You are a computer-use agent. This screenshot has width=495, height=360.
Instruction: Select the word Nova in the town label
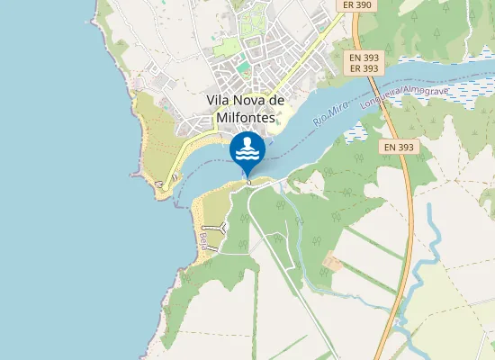click(x=253, y=99)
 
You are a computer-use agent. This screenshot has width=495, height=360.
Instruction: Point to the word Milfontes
click(x=246, y=117)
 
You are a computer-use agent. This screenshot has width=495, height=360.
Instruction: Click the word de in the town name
click(x=277, y=99)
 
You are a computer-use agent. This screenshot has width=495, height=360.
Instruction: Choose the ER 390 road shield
click(x=356, y=5)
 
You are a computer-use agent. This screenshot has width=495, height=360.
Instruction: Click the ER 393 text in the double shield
click(x=364, y=68)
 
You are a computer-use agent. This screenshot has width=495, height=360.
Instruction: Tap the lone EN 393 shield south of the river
click(x=399, y=147)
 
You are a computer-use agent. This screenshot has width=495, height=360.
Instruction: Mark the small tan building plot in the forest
click(x=333, y=263)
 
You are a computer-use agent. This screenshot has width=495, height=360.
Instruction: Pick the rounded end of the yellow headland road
click(x=160, y=184)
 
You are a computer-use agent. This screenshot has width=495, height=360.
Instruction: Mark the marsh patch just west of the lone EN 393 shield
click(x=355, y=135)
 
